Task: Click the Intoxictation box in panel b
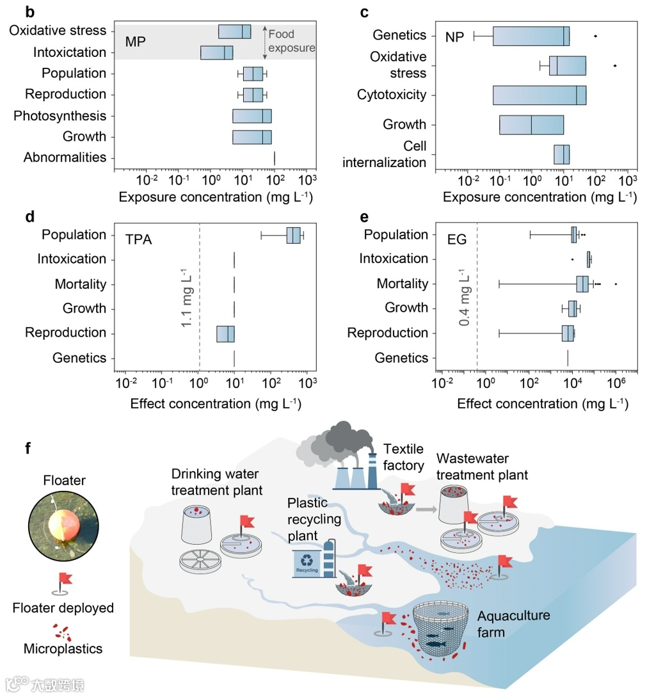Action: pos(216,52)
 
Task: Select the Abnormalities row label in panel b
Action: pos(65,157)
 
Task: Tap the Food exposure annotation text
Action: pos(292,41)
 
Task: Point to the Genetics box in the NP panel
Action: pos(531,36)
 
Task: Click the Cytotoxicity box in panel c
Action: pos(539,95)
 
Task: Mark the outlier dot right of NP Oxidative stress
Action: pos(614,65)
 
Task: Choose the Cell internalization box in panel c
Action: pos(561,154)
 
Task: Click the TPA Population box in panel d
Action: pos(294,236)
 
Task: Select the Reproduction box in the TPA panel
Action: pos(225,333)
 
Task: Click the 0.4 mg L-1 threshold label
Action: pos(465,297)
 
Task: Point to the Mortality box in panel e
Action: pos(582,284)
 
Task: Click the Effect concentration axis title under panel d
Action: pos(216,404)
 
